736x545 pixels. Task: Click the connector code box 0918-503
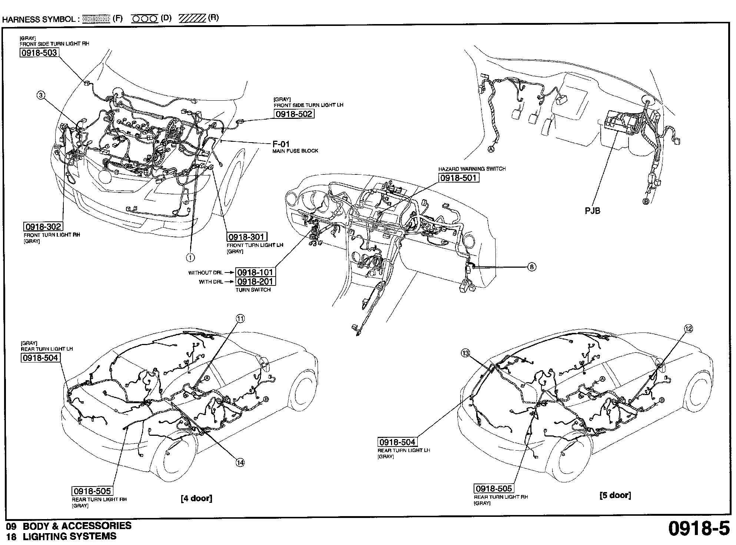[x=39, y=53]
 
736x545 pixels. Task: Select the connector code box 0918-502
[x=294, y=114]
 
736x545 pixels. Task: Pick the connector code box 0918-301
[x=247, y=237]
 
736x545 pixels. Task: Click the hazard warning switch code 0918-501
[x=458, y=178]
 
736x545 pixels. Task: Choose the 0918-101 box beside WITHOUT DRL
[x=255, y=272]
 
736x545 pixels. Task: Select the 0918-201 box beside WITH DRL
[x=255, y=282]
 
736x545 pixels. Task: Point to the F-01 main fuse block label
[x=281, y=144]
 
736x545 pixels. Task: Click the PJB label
[x=592, y=211]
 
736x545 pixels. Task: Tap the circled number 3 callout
[x=41, y=95]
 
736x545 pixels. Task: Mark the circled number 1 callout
[x=190, y=257]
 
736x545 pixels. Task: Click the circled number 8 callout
[x=531, y=267]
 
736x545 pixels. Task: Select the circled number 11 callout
[x=240, y=318]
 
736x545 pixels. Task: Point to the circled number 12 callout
[x=688, y=328]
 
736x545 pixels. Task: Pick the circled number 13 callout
[x=465, y=353]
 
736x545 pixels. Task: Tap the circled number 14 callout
[x=240, y=462]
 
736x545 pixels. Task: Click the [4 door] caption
[x=196, y=498]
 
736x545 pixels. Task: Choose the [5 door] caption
[x=615, y=495]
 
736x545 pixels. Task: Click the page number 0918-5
[x=698, y=528]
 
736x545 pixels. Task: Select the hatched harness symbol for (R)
[x=192, y=19]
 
